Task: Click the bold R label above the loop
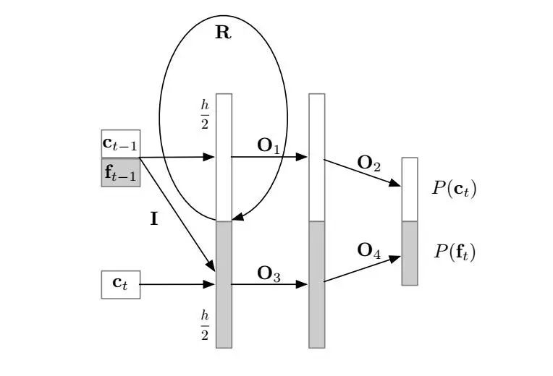tap(223, 33)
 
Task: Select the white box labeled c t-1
tap(120, 143)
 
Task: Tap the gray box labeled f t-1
tap(120, 173)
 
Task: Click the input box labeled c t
tap(120, 284)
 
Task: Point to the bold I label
tap(154, 219)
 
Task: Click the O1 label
tap(269, 145)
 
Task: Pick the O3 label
tap(269, 273)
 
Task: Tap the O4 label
tap(369, 251)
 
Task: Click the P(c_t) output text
tap(455, 189)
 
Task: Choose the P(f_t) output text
tap(455, 252)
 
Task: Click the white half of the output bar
tap(410, 189)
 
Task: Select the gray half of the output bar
tap(410, 253)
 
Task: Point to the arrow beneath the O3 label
tap(269, 285)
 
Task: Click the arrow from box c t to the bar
tap(177, 285)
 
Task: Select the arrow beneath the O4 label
tap(362, 268)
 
